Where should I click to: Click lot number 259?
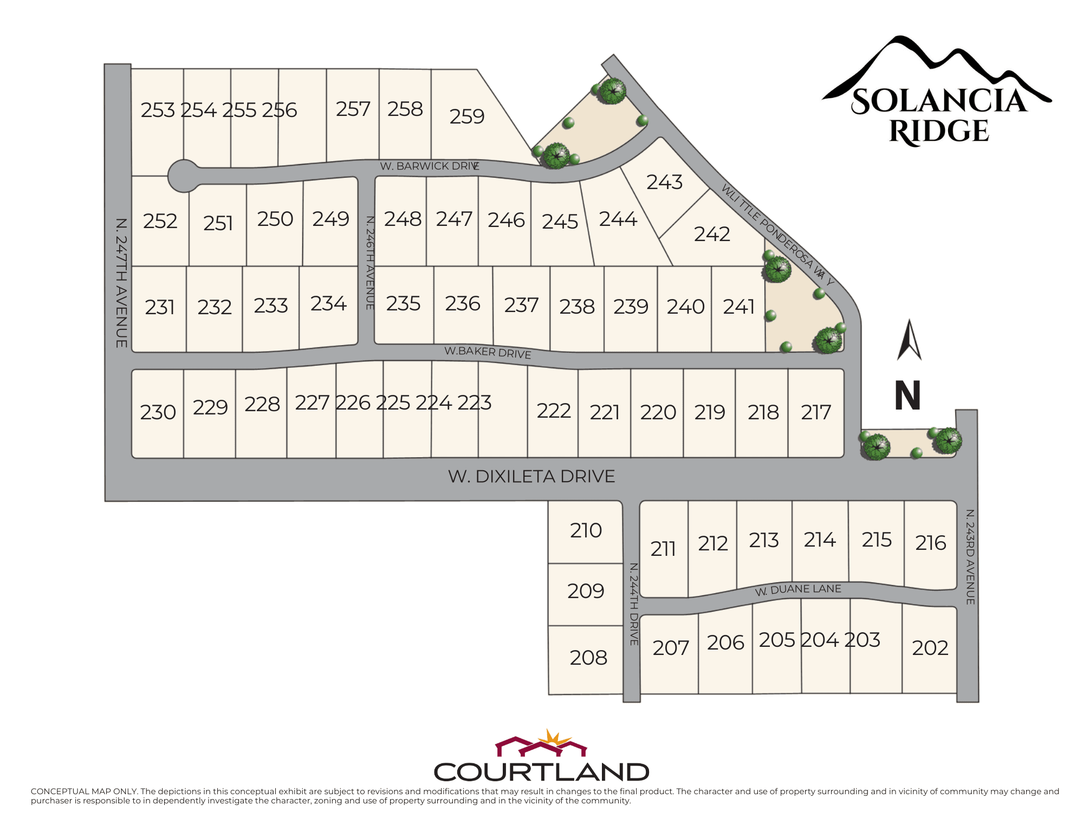tap(466, 116)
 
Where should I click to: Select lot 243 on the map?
tap(664, 182)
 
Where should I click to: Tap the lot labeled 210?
tap(586, 530)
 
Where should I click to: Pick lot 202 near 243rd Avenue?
tap(930, 648)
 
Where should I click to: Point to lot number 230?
tap(158, 412)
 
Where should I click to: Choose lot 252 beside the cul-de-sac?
tap(160, 221)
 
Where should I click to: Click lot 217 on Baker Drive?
tap(816, 412)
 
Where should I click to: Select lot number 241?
tap(738, 307)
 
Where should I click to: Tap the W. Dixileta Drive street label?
tap(531, 477)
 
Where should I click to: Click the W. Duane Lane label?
tap(798, 589)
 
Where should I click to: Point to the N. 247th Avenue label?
tap(121, 283)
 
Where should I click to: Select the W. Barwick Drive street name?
tap(429, 166)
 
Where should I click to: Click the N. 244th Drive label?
tap(634, 604)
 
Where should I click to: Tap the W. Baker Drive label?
tap(488, 352)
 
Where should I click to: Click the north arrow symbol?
tap(909, 340)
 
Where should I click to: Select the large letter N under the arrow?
tap(907, 395)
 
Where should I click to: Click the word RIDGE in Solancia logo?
tap(939, 132)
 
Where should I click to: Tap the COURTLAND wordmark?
tap(541, 772)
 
